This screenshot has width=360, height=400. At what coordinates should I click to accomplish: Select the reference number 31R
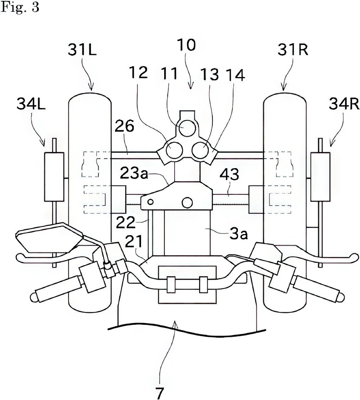293,49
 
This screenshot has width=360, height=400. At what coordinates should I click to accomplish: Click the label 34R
344,104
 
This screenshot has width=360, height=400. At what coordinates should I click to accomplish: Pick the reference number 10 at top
187,45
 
